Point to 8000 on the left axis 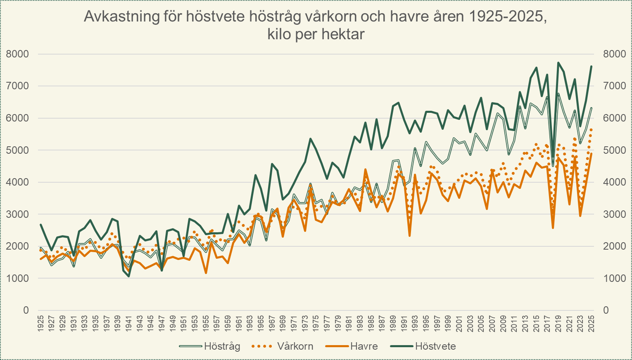(x=17, y=54)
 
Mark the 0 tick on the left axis (x=26, y=310)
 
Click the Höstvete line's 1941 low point (x=129, y=276)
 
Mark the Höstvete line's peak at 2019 (x=558, y=63)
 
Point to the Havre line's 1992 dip (x=409, y=236)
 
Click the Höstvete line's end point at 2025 (x=591, y=66)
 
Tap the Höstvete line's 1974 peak (x=310, y=138)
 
